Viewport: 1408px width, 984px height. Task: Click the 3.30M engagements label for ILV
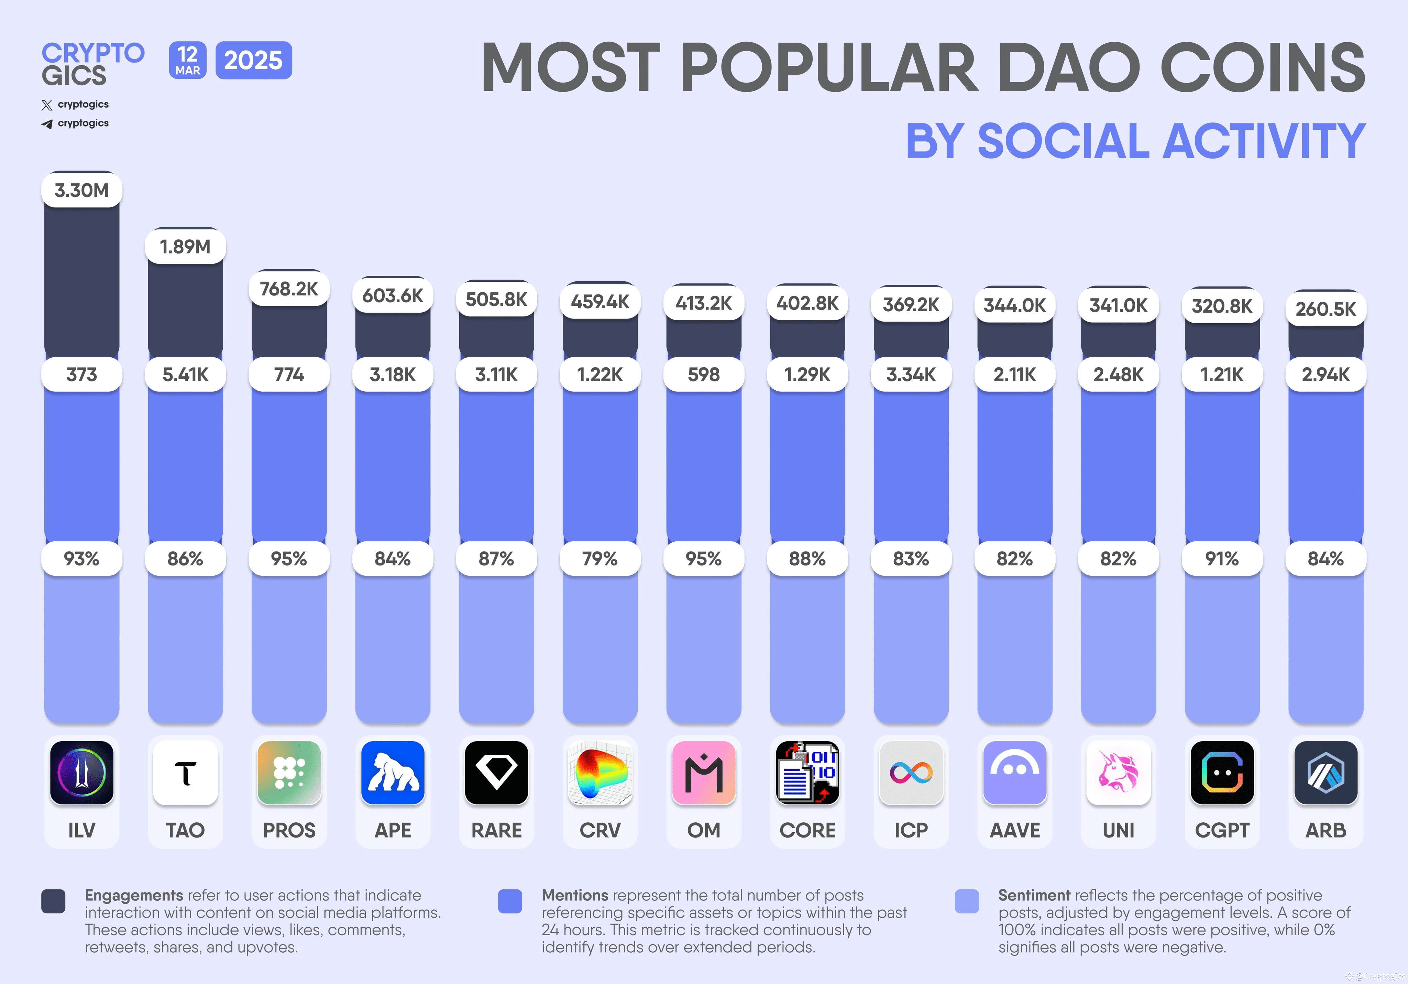(81, 190)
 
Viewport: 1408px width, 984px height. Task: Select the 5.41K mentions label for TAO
(185, 374)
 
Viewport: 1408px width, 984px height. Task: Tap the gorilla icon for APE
(393, 772)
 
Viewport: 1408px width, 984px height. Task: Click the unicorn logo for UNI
(1118, 772)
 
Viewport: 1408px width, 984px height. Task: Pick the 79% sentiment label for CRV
(600, 558)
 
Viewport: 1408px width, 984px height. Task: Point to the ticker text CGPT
(1222, 830)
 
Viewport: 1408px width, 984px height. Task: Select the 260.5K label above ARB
(1325, 309)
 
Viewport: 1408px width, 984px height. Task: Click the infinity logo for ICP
(911, 772)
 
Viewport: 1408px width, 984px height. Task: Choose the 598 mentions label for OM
(703, 374)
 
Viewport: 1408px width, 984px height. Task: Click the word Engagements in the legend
(134, 895)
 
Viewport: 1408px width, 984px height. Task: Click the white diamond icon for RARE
(496, 772)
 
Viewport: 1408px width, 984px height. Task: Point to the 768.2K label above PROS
(289, 288)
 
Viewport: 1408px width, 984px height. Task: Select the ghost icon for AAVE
(1014, 772)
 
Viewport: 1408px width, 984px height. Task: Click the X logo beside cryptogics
(47, 105)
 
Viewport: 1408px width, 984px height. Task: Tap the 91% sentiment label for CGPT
(1222, 558)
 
